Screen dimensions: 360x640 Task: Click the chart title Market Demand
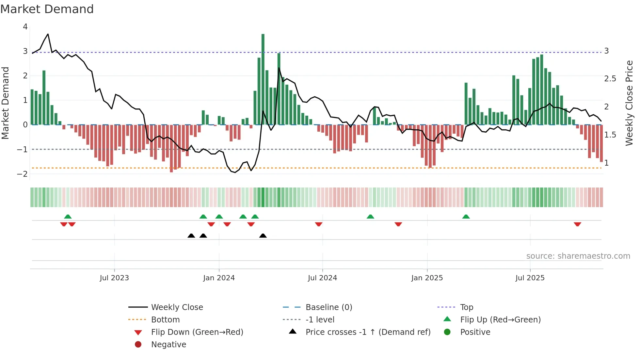47,9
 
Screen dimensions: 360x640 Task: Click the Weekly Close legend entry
177,307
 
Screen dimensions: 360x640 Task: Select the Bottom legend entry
165,319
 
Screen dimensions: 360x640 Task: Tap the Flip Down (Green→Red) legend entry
197,332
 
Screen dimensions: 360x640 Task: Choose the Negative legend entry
168,344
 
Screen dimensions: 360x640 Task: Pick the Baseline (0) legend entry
328,307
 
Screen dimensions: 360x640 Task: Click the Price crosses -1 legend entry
368,332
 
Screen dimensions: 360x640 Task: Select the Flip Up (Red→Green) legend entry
500,319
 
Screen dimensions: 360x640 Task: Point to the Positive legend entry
475,332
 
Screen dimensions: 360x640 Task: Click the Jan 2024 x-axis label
219,278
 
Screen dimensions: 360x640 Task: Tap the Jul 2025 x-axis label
530,278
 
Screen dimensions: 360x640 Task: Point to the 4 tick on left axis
25,27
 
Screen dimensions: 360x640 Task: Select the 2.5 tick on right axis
610,79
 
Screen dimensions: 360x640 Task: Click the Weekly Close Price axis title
629,103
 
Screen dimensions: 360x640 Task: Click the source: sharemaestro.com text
578,256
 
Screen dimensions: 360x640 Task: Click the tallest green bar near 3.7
263,78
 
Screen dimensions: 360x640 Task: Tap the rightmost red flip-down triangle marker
577,224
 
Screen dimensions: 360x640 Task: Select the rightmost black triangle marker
263,236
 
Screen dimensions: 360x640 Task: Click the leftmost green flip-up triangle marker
68,217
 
